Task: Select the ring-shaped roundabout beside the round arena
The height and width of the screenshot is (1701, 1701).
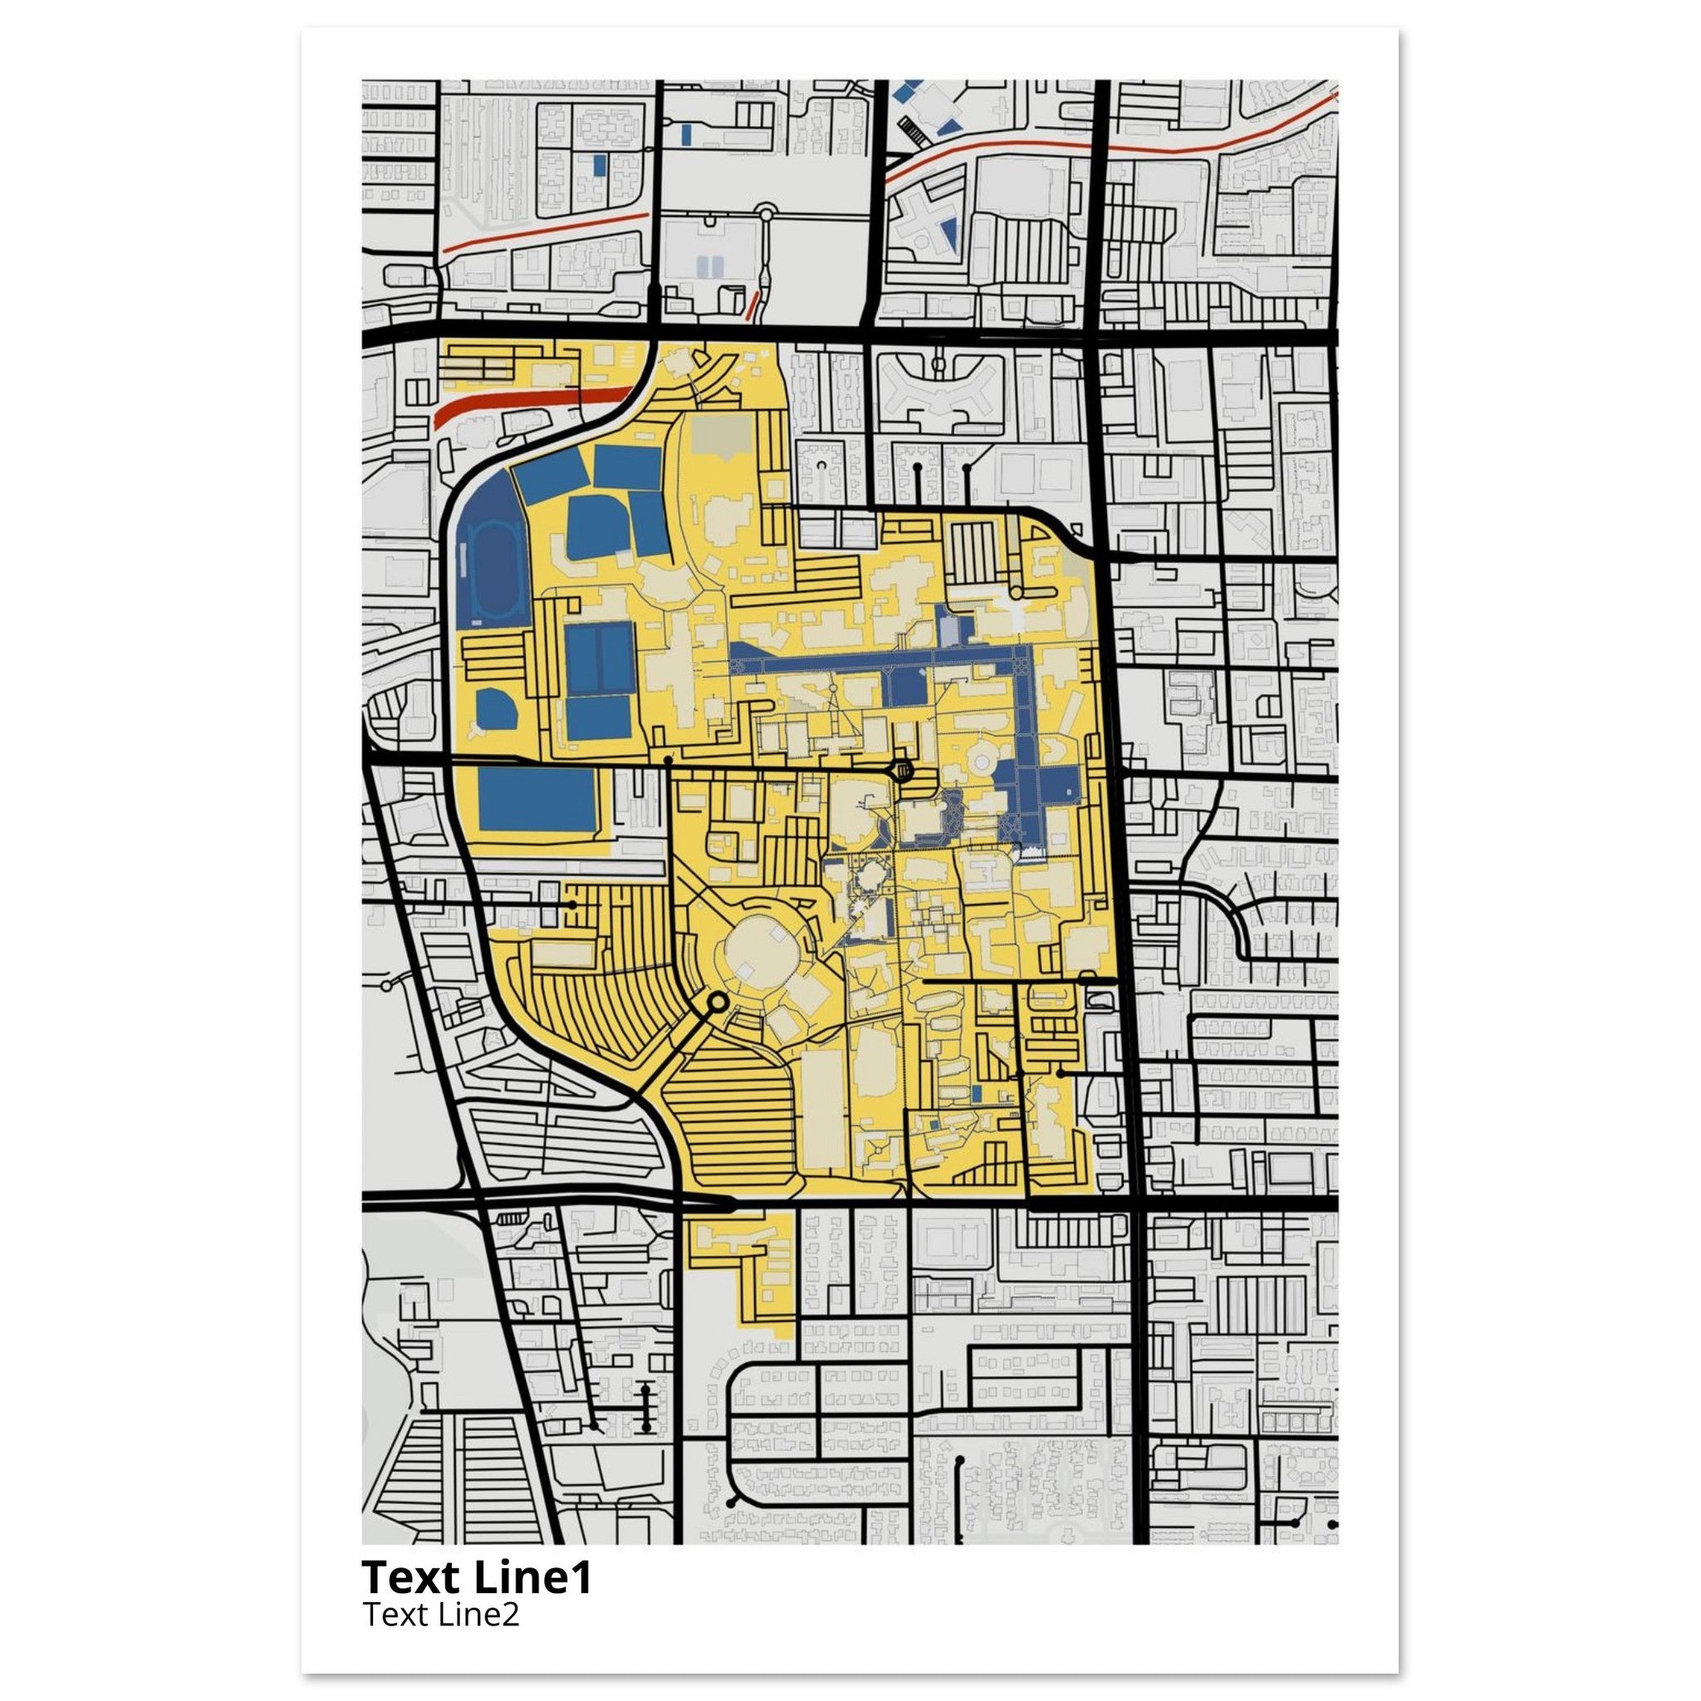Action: click(717, 1002)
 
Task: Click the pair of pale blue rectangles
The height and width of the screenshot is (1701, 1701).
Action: click(712, 266)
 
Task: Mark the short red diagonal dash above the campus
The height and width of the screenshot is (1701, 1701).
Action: click(752, 306)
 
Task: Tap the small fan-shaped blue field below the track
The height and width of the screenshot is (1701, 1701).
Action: click(496, 709)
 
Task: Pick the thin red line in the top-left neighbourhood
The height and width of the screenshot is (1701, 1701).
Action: click(546, 231)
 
